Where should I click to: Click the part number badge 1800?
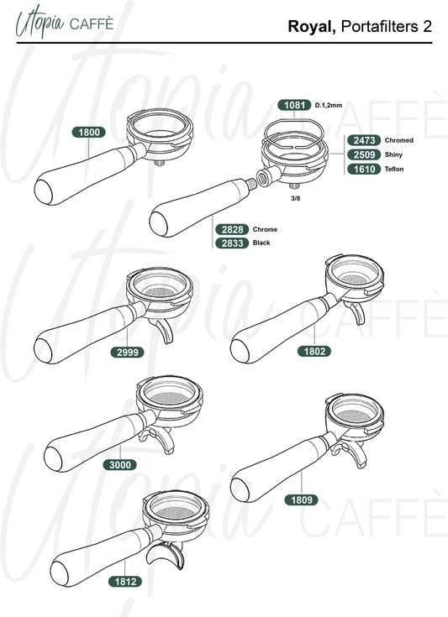88,133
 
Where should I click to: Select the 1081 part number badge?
294,105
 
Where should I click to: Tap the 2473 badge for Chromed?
364,140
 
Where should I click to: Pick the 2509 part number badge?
364,154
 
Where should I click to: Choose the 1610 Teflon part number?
364,170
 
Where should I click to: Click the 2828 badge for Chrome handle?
232,229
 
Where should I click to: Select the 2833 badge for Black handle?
232,243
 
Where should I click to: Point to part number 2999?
128,353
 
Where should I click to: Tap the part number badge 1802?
314,351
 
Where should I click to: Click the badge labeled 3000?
120,465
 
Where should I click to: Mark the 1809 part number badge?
302,499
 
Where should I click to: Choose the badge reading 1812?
125,581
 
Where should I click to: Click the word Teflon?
394,170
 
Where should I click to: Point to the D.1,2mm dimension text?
329,106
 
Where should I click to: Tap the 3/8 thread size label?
296,198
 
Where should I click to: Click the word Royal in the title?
312,27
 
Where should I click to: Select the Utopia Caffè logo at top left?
65,23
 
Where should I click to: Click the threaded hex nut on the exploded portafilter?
263,176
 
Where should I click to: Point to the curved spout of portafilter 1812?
166,555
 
